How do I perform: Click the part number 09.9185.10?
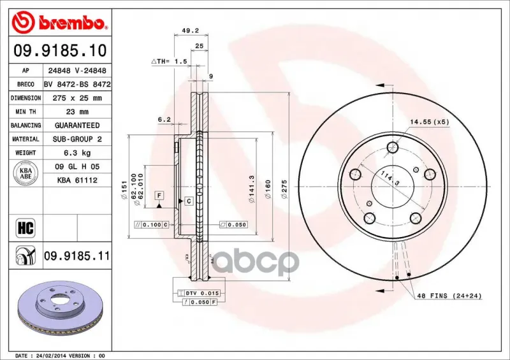tap(60, 50)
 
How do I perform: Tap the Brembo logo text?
tap(71, 23)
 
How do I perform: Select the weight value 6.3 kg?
tap(77, 153)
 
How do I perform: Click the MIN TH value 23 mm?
tap(77, 112)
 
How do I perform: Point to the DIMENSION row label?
tap(25, 98)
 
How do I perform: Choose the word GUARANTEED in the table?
tap(77, 126)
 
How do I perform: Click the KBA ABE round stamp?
tap(25, 173)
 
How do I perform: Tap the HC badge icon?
tap(25, 228)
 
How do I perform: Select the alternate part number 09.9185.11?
tap(77, 256)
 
